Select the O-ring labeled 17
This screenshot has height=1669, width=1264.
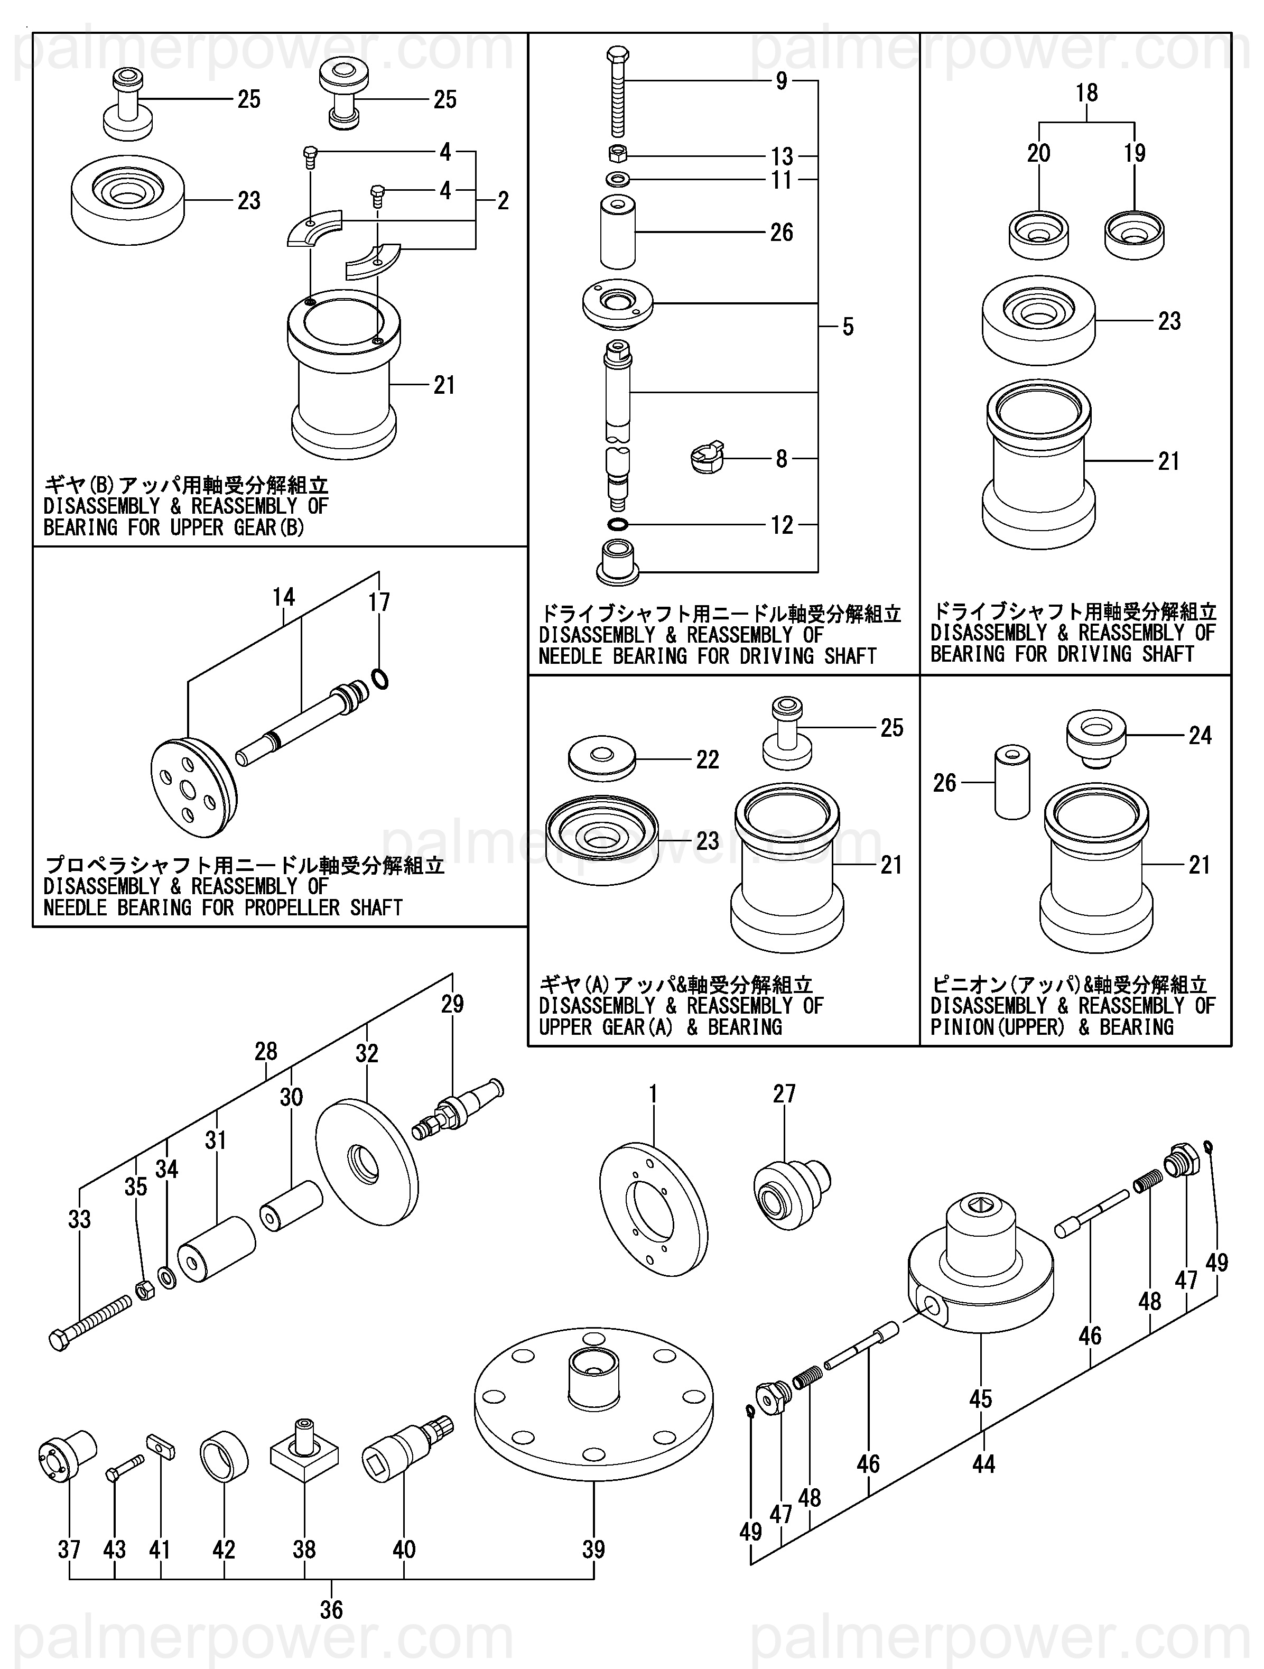(380, 679)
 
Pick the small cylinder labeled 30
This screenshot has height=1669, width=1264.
(291, 1206)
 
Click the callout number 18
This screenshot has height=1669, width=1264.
(1086, 93)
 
